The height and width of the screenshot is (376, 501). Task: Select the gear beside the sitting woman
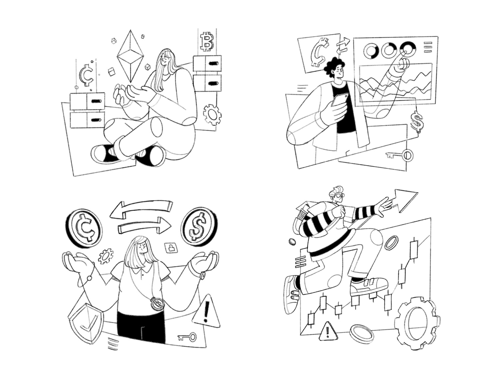coord(212,114)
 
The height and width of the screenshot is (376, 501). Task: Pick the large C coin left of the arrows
coord(84,227)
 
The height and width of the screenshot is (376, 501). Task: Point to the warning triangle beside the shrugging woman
coord(206,312)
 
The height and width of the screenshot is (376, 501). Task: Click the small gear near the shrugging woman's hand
coord(106,256)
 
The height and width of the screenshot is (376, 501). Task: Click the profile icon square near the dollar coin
coord(171,248)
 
